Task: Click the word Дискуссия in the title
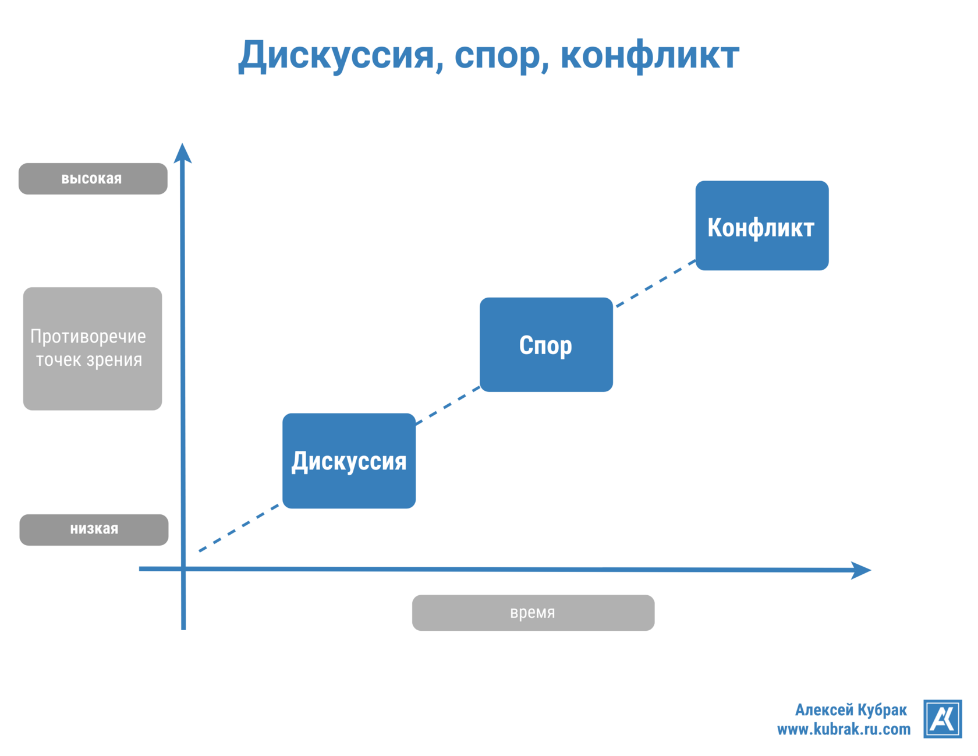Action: [336, 56]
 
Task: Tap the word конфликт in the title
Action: [649, 56]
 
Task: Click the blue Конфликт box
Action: [761, 225]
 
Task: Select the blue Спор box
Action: [546, 345]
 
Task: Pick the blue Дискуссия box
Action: [349, 461]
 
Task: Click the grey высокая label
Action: [93, 179]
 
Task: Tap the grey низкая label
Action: [94, 529]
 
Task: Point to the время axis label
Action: [533, 613]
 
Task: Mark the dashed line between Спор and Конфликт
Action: [655, 284]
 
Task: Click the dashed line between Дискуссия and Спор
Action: [447, 406]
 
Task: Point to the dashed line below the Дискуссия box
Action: [239, 528]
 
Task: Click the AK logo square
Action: [942, 719]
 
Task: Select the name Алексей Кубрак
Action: [851, 710]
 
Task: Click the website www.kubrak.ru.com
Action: [844, 729]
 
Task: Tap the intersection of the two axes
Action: [183, 568]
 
